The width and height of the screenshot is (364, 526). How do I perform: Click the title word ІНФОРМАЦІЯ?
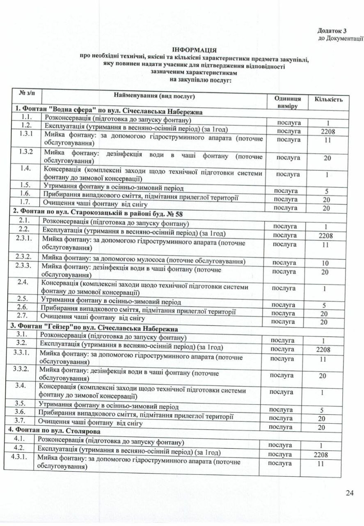(193, 48)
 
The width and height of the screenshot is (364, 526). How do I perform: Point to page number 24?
(350, 493)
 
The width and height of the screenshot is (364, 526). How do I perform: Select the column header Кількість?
(329, 99)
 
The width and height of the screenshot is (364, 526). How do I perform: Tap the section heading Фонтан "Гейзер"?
(96, 329)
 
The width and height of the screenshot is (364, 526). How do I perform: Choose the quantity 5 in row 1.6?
(327, 191)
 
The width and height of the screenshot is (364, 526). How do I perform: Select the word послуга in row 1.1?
(289, 123)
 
